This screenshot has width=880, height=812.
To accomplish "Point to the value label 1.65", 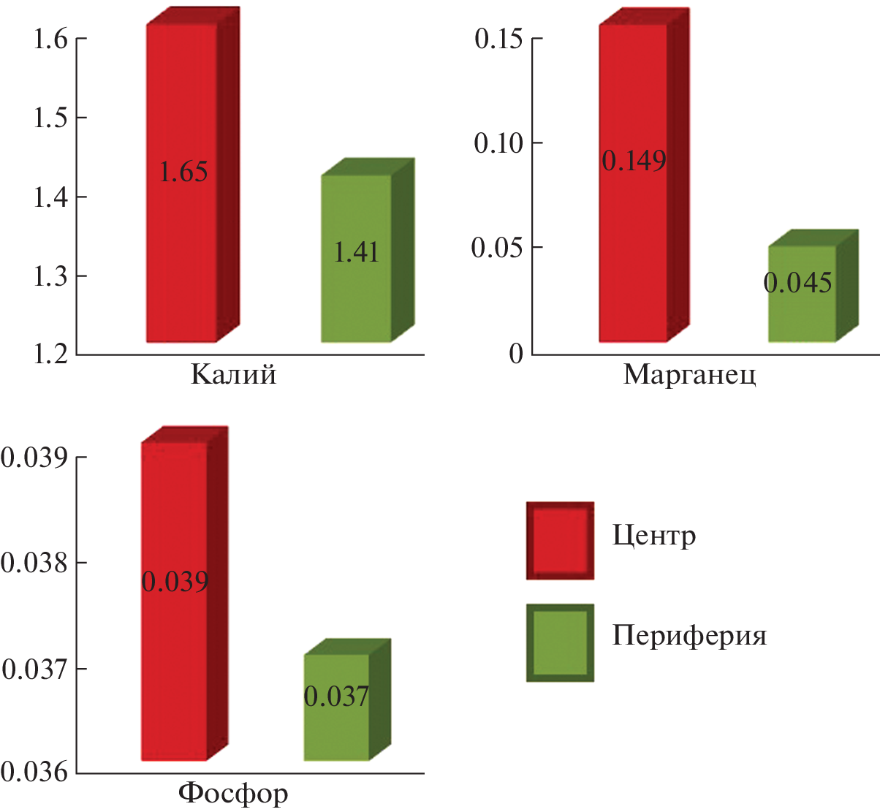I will pos(183,172).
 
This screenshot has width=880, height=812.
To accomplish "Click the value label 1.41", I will pos(357,252).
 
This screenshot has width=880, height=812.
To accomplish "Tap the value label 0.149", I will pos(634,160).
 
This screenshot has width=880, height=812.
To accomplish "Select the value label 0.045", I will pos(798,283).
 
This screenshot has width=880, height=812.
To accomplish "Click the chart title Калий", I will pos(234,374).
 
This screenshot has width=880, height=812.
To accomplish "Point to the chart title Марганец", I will pos(689,374).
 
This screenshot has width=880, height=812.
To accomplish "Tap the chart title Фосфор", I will pos(233,793).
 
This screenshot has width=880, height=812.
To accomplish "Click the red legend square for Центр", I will pos(560,540).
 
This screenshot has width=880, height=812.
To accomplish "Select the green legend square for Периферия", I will pos(560,642).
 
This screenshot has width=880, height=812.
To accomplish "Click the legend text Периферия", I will pos(689,636).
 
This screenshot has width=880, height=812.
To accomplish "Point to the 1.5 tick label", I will pos(50,118).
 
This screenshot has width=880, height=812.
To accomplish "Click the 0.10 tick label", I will pos(498,143).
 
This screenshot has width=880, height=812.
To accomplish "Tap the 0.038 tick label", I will pos(34,564).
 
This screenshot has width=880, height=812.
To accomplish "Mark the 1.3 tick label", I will pos(50,276).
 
